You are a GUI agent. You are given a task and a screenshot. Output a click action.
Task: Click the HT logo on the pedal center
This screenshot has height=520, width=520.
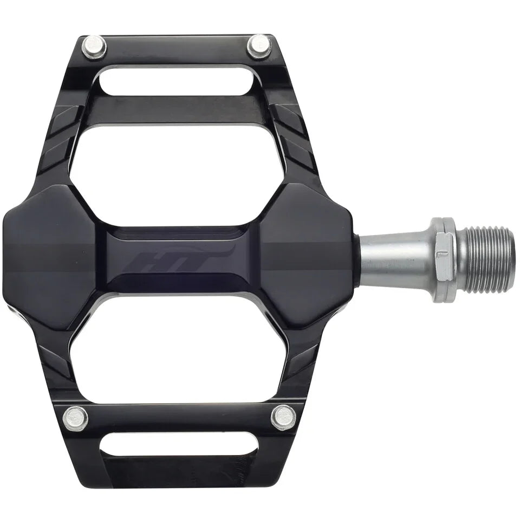tap(179, 259)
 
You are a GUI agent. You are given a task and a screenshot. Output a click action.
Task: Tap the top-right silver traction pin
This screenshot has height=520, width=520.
tap(259, 46)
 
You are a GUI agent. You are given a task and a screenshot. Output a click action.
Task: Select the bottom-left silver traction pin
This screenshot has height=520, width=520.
tap(75, 419)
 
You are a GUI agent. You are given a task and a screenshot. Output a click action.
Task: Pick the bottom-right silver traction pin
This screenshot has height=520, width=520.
tap(283, 417)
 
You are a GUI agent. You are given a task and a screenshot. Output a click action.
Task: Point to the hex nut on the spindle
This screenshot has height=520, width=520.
tap(444, 257)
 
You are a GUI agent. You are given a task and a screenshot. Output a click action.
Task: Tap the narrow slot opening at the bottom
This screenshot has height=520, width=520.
tap(178, 445)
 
